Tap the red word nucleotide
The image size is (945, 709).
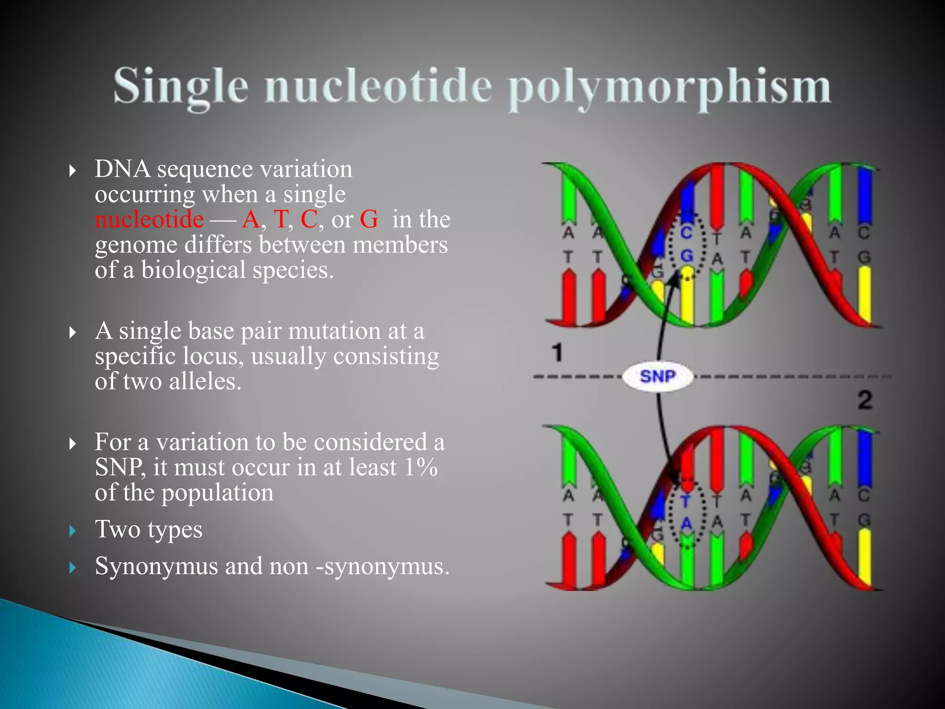149,219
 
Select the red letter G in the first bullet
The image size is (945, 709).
369,219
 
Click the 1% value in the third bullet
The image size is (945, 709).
420,467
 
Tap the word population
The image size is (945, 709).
217,493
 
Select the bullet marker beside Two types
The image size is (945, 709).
72,531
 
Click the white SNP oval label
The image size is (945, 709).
658,377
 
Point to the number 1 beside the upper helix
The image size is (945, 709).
558,353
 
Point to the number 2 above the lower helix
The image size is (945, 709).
865,400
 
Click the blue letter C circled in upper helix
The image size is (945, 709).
686,233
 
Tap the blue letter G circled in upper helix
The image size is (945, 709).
687,256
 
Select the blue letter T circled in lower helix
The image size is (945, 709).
686,501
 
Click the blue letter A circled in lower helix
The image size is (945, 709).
687,523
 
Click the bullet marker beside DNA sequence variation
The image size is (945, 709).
72,171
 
